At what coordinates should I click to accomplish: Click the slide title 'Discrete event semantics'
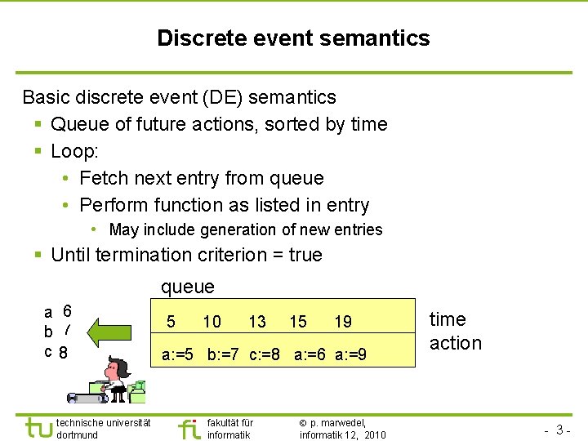coord(293,38)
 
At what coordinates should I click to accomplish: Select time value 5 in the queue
coord(170,322)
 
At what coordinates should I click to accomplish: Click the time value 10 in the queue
coord(212,322)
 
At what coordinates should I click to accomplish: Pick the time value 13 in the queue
coord(257,322)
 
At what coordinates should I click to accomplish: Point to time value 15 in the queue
coord(298,322)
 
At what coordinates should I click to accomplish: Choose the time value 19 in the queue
coord(343,322)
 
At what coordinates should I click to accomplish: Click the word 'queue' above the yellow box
coord(188,287)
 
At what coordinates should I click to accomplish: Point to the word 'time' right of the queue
coord(448,319)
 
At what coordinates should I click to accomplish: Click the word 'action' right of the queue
coord(456,343)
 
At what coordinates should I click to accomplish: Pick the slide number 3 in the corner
coord(561,429)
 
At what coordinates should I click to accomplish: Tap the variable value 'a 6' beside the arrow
coord(58,311)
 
